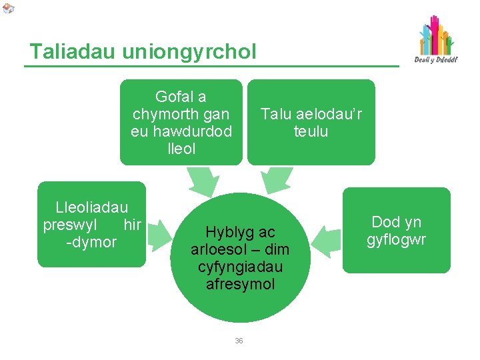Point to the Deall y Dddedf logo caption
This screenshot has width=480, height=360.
pyautogui.click(x=436, y=59)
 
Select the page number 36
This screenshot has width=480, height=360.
pyautogui.click(x=239, y=341)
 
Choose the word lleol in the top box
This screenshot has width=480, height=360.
pyautogui.click(x=181, y=149)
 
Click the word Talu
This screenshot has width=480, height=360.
pyautogui.click(x=275, y=114)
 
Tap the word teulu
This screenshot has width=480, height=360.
pyautogui.click(x=311, y=131)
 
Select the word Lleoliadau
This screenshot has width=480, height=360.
pyautogui.click(x=91, y=208)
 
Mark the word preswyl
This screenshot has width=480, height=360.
pyautogui.click(x=75, y=225)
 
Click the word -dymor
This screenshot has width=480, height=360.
pyautogui.click(x=91, y=242)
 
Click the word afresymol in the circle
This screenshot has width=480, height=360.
pyautogui.click(x=240, y=284)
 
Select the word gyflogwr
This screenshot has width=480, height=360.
pyautogui.click(x=396, y=239)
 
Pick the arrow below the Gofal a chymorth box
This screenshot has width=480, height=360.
pyautogui.click(x=201, y=179)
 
